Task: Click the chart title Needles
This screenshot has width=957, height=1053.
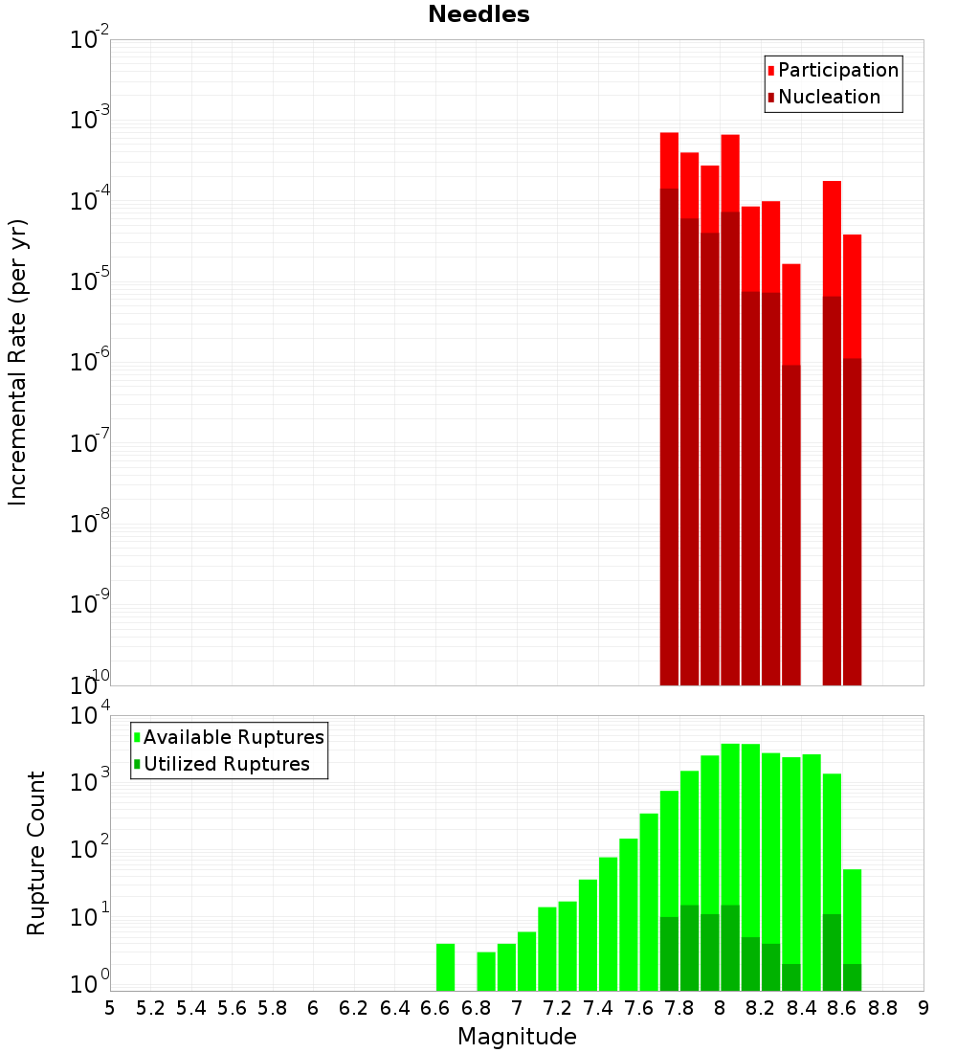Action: click(478, 14)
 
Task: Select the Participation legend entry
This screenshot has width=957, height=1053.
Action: click(837, 70)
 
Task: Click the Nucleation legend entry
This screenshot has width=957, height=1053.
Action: click(829, 97)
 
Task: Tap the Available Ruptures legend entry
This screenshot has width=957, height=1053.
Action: click(234, 737)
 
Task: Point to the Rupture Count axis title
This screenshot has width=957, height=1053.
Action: click(36, 853)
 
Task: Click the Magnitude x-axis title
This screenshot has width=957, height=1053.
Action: click(517, 1037)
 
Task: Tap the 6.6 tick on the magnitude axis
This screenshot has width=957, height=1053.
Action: click(435, 1008)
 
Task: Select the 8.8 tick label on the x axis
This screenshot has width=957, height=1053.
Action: click(882, 1008)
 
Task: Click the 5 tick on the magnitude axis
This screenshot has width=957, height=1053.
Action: click(110, 1008)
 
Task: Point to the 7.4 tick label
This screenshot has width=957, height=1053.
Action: click(598, 1008)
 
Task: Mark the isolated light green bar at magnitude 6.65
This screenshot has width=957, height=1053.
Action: click(445, 967)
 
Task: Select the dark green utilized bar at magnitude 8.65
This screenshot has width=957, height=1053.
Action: click(852, 977)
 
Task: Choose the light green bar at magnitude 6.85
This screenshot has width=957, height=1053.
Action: click(486, 971)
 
